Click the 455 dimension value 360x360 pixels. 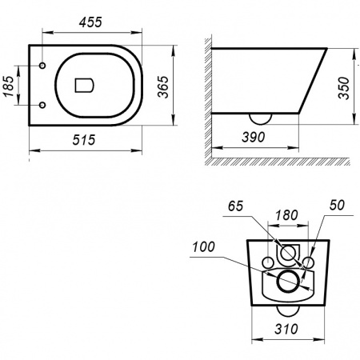pyautogui.click(x=90, y=22)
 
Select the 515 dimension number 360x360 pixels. pyautogui.click(x=84, y=140)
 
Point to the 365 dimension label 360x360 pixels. pyautogui.click(x=162, y=87)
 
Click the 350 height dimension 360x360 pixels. pyautogui.click(x=343, y=88)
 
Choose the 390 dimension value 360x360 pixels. pyautogui.click(x=254, y=137)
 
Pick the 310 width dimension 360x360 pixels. pyautogui.click(x=286, y=329)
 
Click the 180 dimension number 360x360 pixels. pyautogui.click(x=286, y=215)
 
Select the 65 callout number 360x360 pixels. pyautogui.click(x=236, y=206)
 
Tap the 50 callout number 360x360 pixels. pyautogui.click(x=337, y=205)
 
